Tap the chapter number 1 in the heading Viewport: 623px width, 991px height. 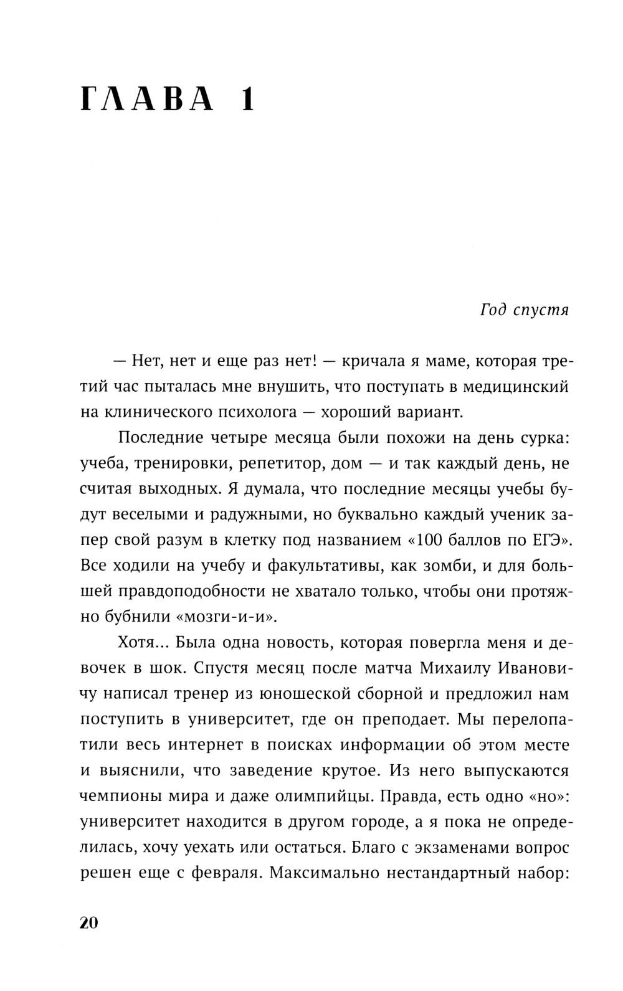tap(247, 99)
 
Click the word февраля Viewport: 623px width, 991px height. tap(224, 873)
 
